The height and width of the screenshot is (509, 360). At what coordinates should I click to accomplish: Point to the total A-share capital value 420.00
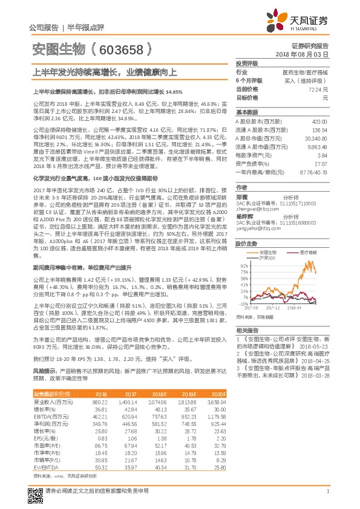319,122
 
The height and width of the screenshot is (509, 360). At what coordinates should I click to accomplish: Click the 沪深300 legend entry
267,258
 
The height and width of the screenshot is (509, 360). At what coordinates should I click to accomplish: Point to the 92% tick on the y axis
244,265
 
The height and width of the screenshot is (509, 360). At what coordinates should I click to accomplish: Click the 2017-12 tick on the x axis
273,307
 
